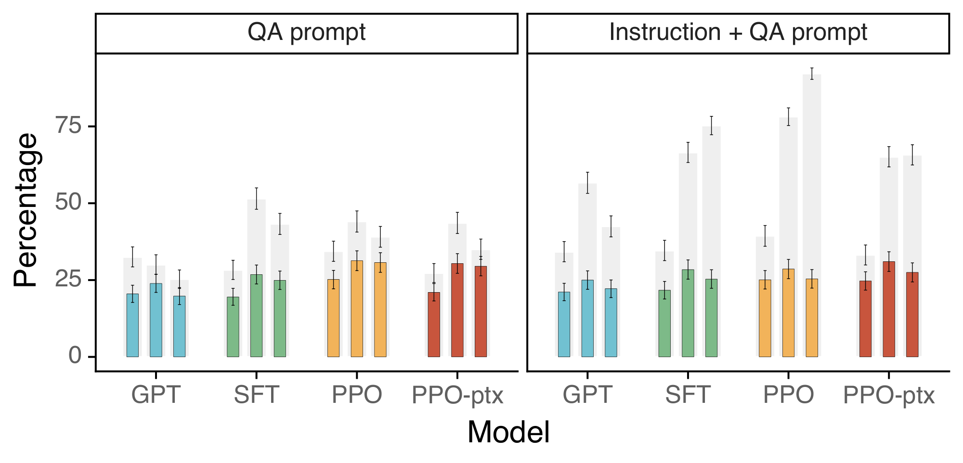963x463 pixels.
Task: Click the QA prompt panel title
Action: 306,33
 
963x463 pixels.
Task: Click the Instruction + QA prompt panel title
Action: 738,33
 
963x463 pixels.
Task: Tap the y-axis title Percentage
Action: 25,210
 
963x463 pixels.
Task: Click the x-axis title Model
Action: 508,432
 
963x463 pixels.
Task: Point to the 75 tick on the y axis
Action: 68,126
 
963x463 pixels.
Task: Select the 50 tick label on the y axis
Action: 68,203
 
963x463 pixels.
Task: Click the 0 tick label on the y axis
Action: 75,356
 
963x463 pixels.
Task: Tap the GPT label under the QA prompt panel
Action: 156,395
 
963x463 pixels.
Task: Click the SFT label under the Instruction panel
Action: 688,395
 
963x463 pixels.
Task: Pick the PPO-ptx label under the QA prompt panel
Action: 457,395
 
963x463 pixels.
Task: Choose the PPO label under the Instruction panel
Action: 788,395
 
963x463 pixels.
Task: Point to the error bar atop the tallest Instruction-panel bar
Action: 812,74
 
